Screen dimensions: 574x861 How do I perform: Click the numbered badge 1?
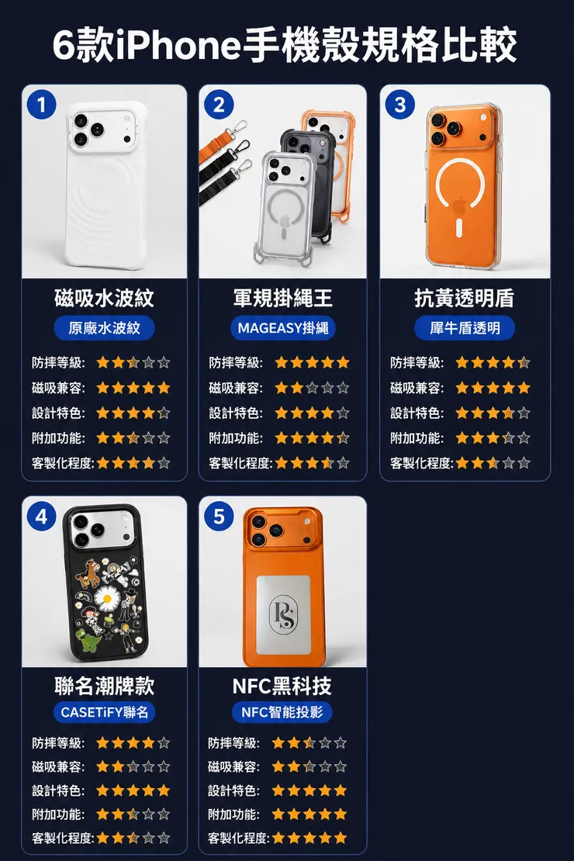(x=41, y=105)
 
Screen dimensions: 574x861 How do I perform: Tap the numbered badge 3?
(x=400, y=105)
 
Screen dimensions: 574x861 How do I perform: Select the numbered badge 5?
(x=219, y=516)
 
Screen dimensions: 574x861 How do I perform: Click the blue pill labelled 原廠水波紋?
(x=105, y=328)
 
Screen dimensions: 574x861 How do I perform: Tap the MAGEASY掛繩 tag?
(x=283, y=328)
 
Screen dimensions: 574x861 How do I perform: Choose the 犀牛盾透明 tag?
(x=465, y=328)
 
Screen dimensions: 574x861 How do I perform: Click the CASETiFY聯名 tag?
(x=105, y=711)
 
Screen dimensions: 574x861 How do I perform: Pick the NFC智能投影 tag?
(x=282, y=711)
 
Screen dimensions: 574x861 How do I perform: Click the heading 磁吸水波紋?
(x=105, y=298)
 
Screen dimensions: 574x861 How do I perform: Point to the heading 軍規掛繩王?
(x=283, y=298)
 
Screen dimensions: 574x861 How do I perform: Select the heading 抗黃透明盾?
(x=465, y=298)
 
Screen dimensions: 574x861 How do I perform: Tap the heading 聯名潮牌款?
(x=105, y=685)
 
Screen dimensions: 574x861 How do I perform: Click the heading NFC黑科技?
(x=282, y=685)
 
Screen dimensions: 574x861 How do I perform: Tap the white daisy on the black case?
(x=107, y=597)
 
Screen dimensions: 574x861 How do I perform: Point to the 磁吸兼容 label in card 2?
(x=235, y=388)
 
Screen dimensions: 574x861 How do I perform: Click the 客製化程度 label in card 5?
(x=238, y=838)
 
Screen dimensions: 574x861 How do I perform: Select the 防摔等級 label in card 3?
(x=417, y=362)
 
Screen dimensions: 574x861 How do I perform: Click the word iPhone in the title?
(x=178, y=45)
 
